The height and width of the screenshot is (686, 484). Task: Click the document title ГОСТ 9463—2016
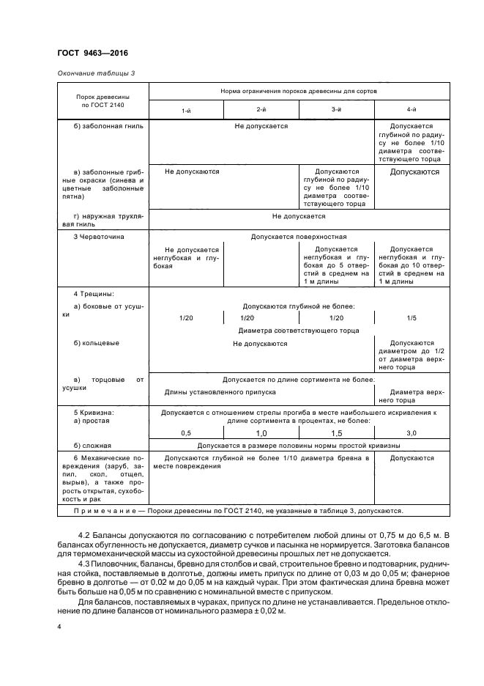coord(88,53)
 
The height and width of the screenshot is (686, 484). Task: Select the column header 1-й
coord(187,110)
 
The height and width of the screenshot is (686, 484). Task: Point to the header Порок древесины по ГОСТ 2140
coord(102,101)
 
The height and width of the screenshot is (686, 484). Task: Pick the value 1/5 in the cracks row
coord(412,318)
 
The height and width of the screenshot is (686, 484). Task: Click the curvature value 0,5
coord(185,433)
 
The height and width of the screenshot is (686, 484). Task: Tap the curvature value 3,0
coord(412,433)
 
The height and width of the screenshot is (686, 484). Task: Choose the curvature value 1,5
coord(336,433)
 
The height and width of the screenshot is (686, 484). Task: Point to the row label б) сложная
coord(92,446)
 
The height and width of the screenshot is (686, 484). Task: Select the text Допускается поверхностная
coord(298,237)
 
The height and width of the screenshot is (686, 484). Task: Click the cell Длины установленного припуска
coord(220,392)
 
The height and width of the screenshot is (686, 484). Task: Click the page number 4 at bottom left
coord(59,628)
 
